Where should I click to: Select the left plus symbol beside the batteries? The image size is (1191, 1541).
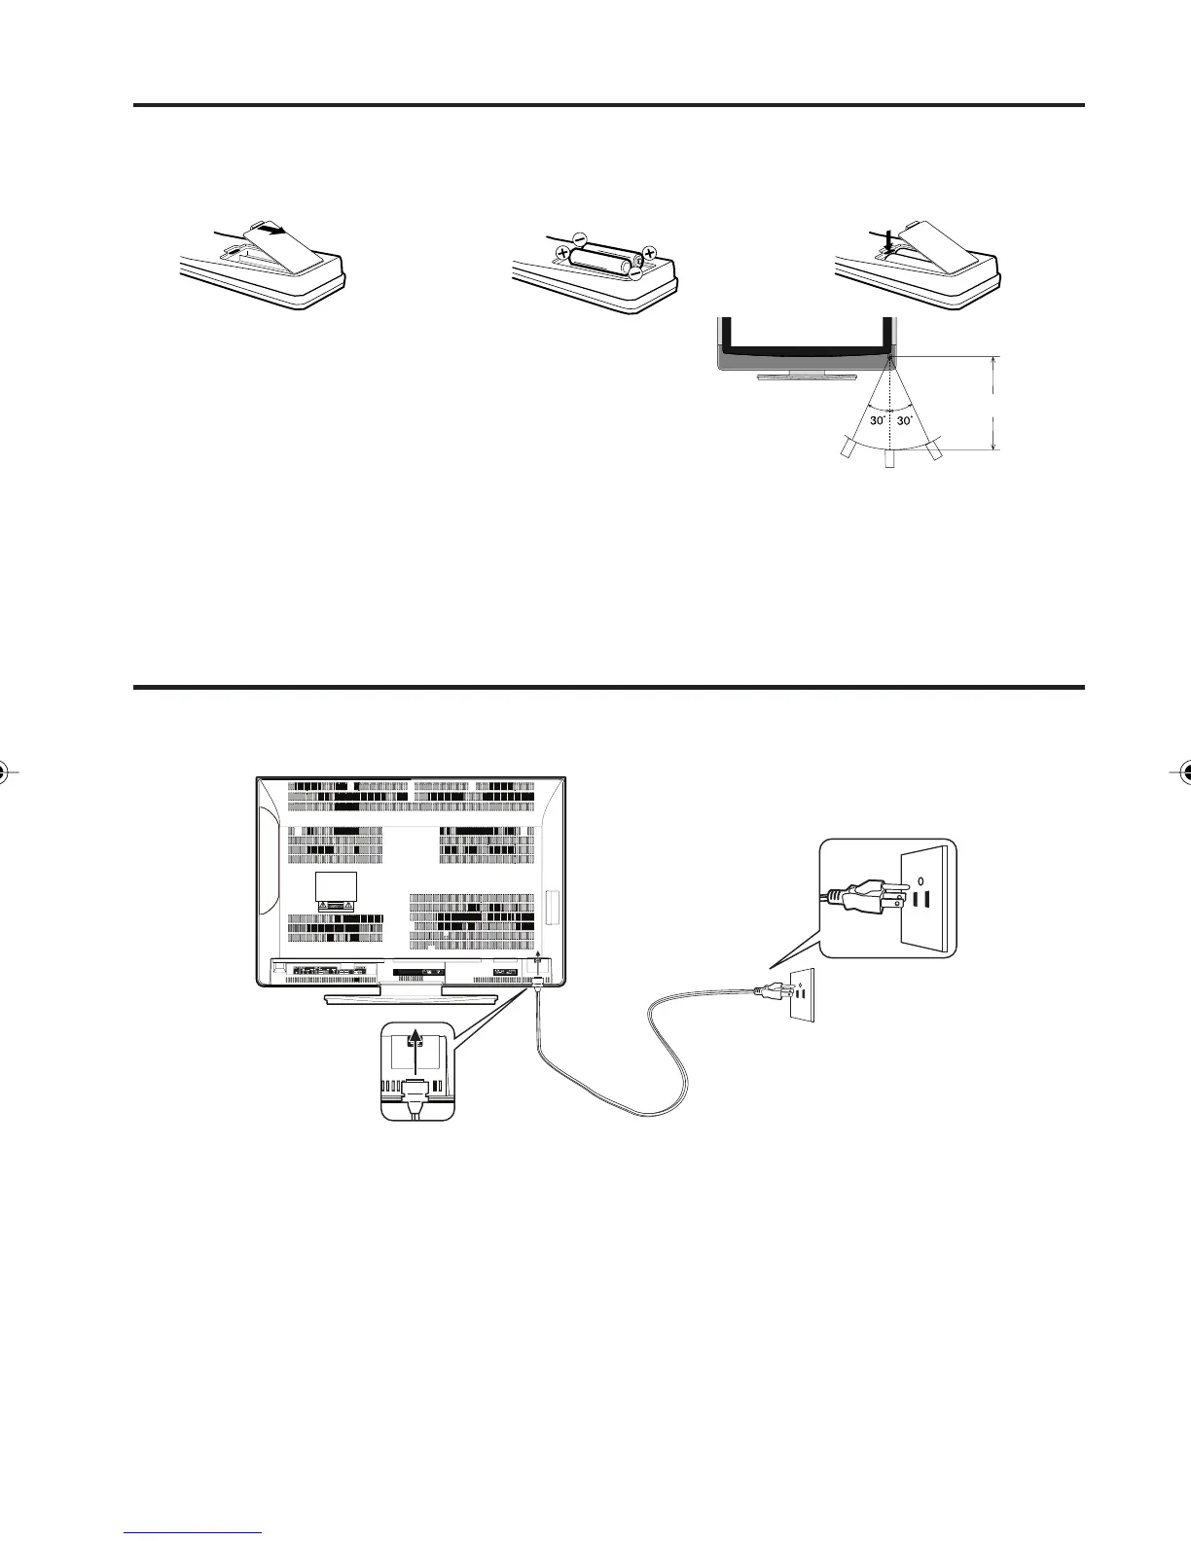pyautogui.click(x=562, y=253)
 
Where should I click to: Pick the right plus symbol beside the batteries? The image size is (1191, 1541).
pyautogui.click(x=650, y=254)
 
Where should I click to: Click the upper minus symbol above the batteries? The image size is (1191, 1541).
pyautogui.click(x=580, y=236)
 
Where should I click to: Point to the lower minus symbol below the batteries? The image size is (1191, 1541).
pyautogui.click(x=635, y=273)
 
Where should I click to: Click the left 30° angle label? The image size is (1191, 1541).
pyautogui.click(x=876, y=421)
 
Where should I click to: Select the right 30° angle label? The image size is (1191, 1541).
pyautogui.click(x=906, y=421)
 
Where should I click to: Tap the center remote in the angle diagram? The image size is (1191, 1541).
pyautogui.click(x=889, y=458)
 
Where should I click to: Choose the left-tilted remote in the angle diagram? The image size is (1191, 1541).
pyautogui.click(x=847, y=448)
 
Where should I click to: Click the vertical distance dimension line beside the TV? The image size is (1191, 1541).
pyautogui.click(x=993, y=403)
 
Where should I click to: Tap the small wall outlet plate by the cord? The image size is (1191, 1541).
pyautogui.click(x=801, y=994)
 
